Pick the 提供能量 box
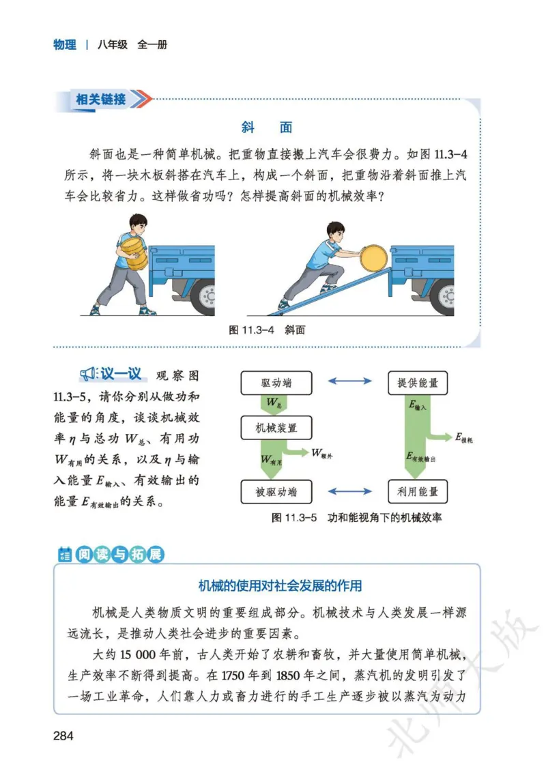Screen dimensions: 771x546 418,383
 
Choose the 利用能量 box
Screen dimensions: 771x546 418,491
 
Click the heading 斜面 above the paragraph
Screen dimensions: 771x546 267,128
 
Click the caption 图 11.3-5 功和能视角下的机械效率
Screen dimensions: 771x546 356,517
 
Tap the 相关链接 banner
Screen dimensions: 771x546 102,100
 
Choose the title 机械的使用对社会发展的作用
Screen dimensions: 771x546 280,585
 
